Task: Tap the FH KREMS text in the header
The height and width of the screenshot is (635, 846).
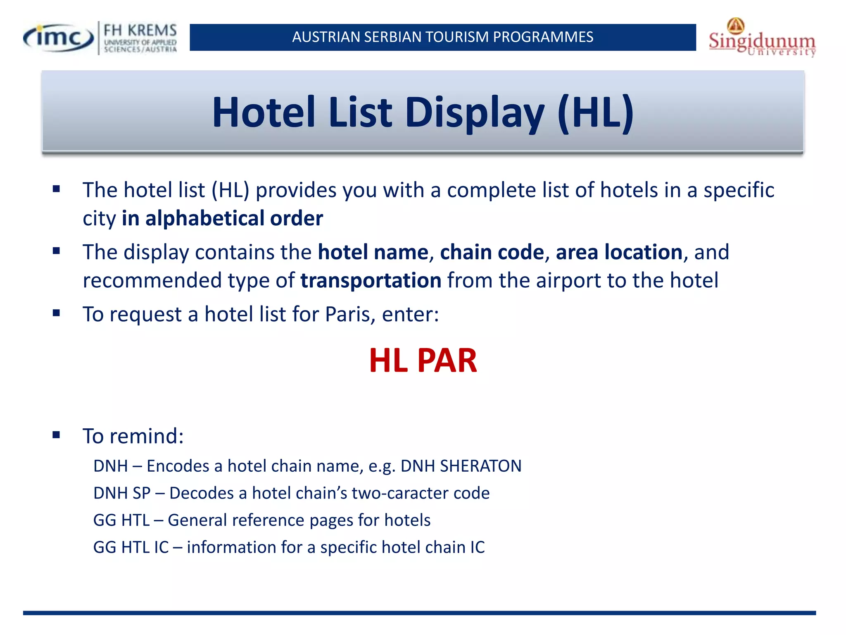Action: coord(140,31)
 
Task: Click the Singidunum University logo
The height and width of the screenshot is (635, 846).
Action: coord(762,38)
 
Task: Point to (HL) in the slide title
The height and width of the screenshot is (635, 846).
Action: coord(595,113)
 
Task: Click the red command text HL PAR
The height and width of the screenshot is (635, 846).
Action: coord(423,360)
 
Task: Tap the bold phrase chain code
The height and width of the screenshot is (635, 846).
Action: coord(492,252)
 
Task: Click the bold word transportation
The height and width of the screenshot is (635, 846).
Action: coord(371,280)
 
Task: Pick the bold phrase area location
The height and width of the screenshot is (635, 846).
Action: coord(619,252)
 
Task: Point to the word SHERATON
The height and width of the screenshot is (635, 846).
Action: coord(480,466)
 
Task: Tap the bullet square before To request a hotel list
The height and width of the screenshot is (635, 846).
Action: coord(57,313)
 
